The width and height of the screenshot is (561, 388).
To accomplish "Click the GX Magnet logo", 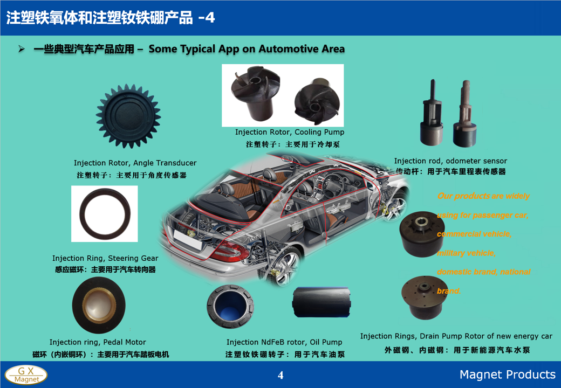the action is (26, 375).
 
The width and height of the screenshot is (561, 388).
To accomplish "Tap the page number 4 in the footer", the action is (280, 375).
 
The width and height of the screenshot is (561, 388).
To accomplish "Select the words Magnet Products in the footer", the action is (508, 375).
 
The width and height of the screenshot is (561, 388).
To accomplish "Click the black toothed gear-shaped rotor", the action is (128, 116).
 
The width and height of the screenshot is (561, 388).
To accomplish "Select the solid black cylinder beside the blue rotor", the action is (321, 302).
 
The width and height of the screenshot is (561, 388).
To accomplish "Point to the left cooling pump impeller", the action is (255, 93).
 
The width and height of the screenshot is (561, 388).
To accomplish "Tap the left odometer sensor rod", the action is (432, 114).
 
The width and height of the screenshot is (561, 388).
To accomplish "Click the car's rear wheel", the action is (283, 266).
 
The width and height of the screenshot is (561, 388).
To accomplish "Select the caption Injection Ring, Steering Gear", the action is (105, 258).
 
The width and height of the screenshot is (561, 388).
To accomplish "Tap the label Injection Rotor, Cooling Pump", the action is (290, 132).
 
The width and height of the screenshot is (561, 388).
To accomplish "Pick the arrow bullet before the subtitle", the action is (22, 49).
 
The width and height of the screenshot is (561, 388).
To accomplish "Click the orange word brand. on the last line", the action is (449, 291).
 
